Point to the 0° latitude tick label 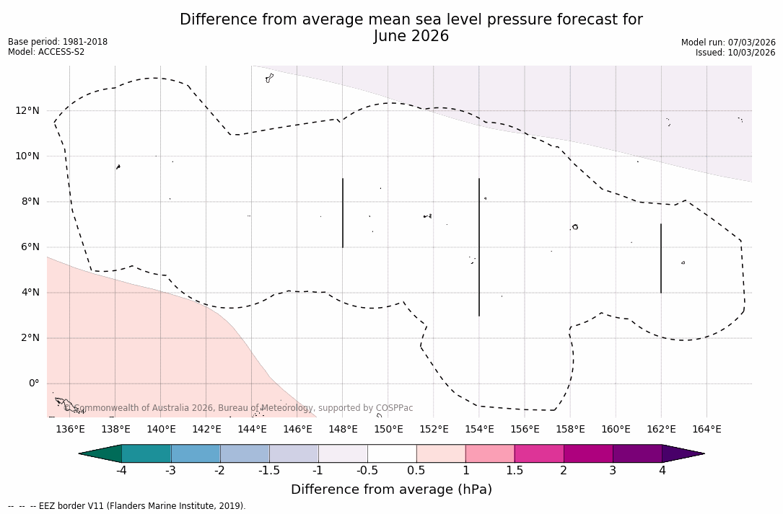[33, 384]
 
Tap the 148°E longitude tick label [343, 430]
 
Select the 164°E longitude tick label [707, 430]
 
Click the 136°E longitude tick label [70, 430]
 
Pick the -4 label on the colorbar [121, 471]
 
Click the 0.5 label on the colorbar [416, 471]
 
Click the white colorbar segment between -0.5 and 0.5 [392, 453]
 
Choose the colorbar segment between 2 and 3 [588, 453]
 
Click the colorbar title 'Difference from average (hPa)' [391, 490]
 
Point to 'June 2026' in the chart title [411, 36]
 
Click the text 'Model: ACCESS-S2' [46, 52]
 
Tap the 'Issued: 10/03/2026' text [735, 53]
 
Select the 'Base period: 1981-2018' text [58, 42]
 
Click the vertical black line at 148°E [343, 213]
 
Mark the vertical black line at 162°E [661, 258]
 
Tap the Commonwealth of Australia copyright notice [238, 408]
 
